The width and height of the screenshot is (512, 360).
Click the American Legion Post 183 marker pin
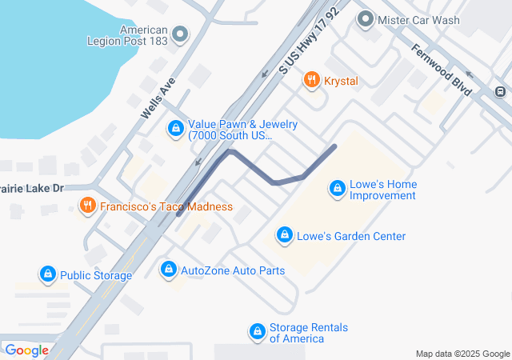[x=180, y=34]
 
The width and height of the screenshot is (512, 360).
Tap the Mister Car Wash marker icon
[x=366, y=18]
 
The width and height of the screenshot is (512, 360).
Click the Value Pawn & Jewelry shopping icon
[x=175, y=128]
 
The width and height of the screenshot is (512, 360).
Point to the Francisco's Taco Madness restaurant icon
[x=88, y=206]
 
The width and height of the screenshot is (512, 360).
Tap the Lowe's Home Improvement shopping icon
[x=338, y=189]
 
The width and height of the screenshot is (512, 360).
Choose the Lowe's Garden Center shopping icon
[x=283, y=235]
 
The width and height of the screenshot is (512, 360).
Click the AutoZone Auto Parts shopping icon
[x=167, y=270]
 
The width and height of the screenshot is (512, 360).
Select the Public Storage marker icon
[x=48, y=275]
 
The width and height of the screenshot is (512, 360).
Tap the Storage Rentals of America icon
[x=257, y=331]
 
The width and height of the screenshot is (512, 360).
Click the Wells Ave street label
[x=157, y=98]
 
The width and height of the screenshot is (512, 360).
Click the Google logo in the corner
[x=26, y=350]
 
